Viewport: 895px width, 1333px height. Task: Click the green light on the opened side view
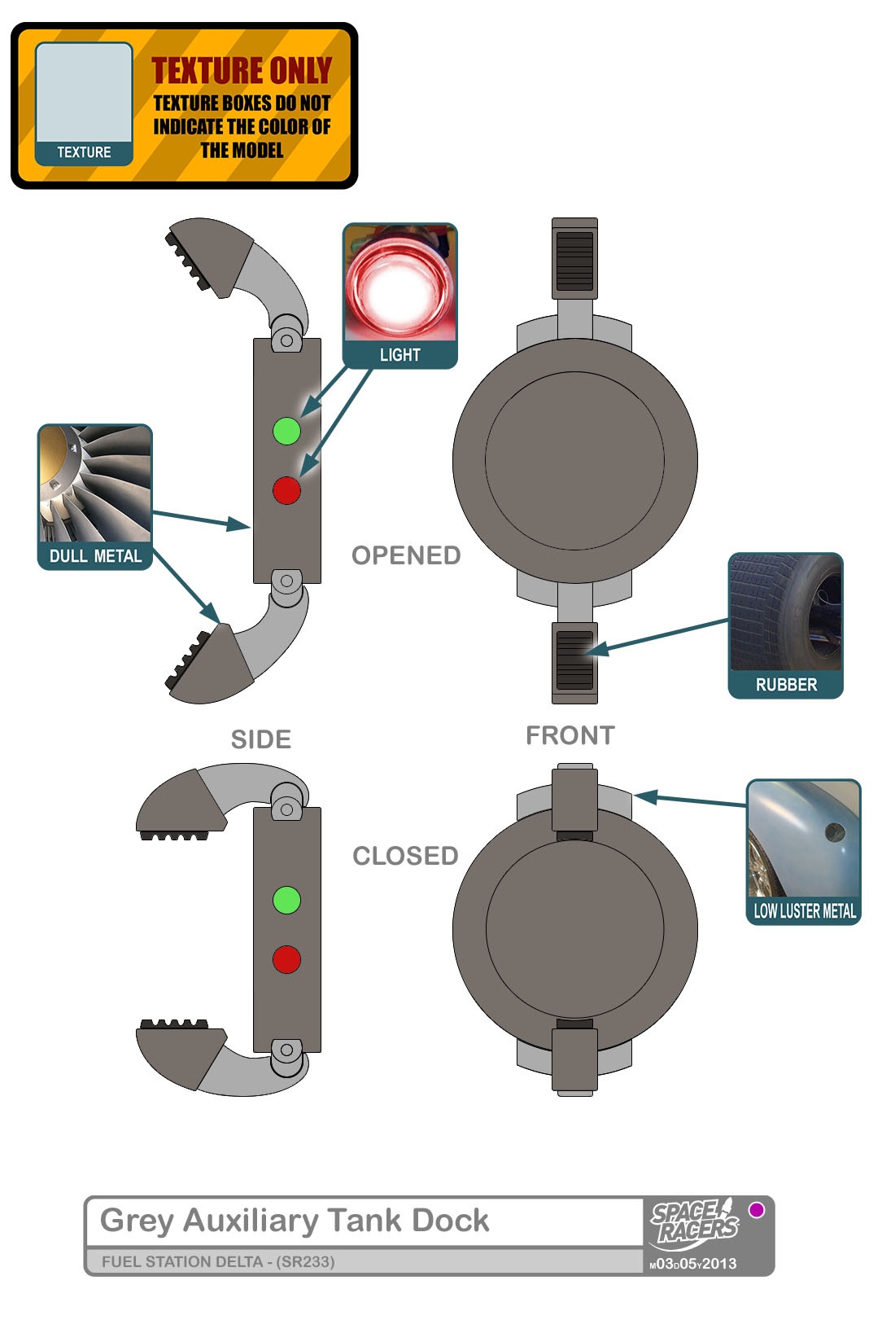pyautogui.click(x=286, y=430)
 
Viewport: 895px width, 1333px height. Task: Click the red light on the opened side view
pyautogui.click(x=286, y=490)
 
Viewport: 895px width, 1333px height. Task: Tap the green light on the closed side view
pyautogui.click(x=286, y=900)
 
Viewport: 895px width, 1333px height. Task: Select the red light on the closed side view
pyautogui.click(x=286, y=959)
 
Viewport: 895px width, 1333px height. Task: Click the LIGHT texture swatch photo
pyautogui.click(x=399, y=283)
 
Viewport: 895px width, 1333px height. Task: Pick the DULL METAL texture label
pyautogui.click(x=95, y=556)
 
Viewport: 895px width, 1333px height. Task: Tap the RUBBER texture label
pyautogui.click(x=786, y=685)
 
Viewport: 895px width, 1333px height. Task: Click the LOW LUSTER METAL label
pyautogui.click(x=804, y=911)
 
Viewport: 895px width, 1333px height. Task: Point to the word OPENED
pyautogui.click(x=406, y=555)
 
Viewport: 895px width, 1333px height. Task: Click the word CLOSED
pyautogui.click(x=405, y=856)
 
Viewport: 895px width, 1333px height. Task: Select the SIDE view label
pyautogui.click(x=261, y=739)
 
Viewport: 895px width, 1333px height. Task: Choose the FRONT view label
pyautogui.click(x=570, y=735)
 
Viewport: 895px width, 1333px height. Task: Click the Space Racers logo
pyautogui.click(x=694, y=1222)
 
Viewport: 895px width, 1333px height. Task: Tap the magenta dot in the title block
pyautogui.click(x=757, y=1210)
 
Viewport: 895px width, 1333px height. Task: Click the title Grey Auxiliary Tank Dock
pyautogui.click(x=295, y=1221)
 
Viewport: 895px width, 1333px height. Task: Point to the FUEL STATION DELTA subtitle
pyautogui.click(x=218, y=1261)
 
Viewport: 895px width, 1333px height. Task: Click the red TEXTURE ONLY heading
pyautogui.click(x=242, y=71)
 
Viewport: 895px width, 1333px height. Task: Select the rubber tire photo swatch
pyautogui.click(x=785, y=612)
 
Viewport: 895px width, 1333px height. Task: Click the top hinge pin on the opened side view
pyautogui.click(x=286, y=339)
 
